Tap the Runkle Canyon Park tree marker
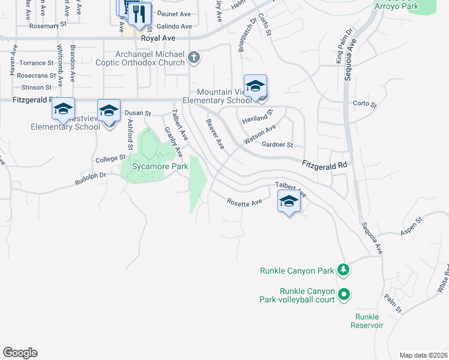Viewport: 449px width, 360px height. click(x=343, y=270)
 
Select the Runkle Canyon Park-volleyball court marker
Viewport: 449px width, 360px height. click(x=344, y=294)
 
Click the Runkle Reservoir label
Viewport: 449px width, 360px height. click(x=367, y=320)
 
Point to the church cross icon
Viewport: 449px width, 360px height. click(x=193, y=58)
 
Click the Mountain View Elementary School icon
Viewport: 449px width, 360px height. click(x=255, y=86)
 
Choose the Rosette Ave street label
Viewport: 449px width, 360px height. click(x=244, y=203)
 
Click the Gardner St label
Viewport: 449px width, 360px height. click(x=277, y=145)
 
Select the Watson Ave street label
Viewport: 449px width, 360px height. click(x=259, y=134)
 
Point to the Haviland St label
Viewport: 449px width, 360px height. click(x=258, y=116)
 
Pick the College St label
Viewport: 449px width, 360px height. click(x=109, y=160)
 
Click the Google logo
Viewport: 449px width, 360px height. click(x=20, y=353)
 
